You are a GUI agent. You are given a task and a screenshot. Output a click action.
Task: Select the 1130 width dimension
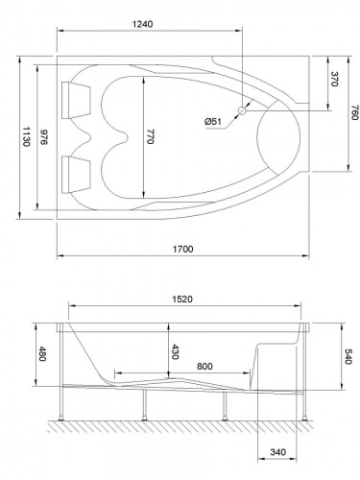click(24, 137)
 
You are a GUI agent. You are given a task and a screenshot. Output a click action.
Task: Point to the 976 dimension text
click(42, 137)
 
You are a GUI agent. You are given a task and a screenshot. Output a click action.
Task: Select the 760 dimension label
click(352, 115)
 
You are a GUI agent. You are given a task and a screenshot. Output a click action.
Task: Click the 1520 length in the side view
click(183, 299)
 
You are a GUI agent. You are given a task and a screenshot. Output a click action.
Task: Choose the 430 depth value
click(174, 351)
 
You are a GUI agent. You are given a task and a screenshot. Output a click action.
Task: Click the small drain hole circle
click(243, 111)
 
